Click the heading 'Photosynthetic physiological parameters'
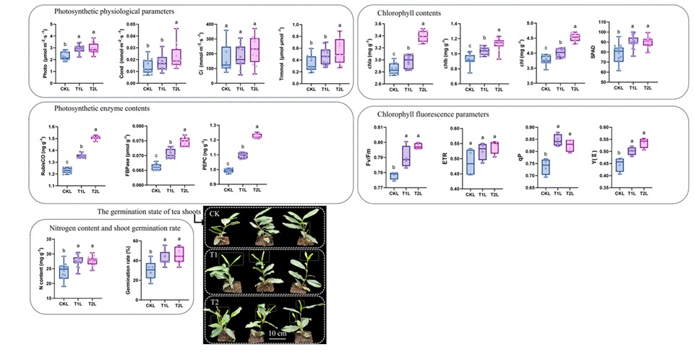coord(110,12)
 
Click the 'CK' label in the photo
coord(215,214)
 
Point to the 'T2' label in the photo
coord(215,301)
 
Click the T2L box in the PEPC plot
coord(256,135)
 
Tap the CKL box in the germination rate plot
coord(150,271)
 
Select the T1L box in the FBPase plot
coord(171,153)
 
